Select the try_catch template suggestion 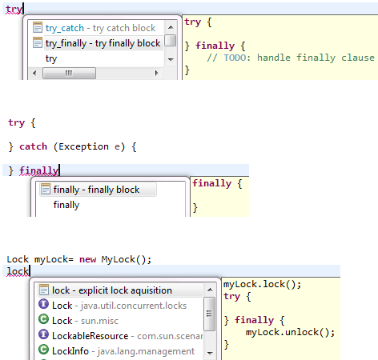pos(100,28)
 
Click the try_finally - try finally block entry pos(103,43)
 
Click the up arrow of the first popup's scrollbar pos(171,27)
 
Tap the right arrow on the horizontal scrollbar pos(157,73)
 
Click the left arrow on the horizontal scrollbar pos(34,73)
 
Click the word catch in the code pos(33,146)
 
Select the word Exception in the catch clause pos(83,146)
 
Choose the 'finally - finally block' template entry pos(96,190)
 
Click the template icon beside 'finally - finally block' pos(46,189)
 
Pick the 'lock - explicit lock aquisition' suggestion pos(112,290)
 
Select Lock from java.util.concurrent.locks pos(119,306)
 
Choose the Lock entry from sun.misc pos(85,321)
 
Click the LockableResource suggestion pos(127,336)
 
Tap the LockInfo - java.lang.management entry pos(123,351)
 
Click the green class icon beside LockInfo pos(43,350)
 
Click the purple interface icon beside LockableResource pos(43,334)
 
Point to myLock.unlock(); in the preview pos(290,332)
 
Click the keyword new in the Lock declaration pos(87,259)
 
